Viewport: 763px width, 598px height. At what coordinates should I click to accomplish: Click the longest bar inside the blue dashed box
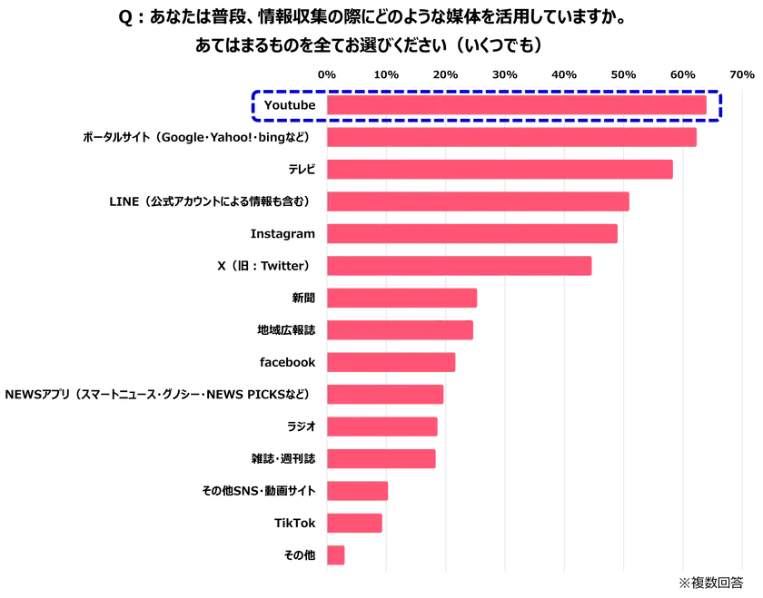[x=518, y=105]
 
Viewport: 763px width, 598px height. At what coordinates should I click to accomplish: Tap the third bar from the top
[x=500, y=169]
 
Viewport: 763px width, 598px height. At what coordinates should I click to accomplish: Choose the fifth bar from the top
[x=473, y=233]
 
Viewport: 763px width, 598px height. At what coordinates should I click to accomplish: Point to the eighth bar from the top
[x=401, y=330]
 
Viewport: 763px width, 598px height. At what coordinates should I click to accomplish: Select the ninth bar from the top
[x=391, y=362]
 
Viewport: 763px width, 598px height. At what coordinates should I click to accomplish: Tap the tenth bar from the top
[x=385, y=394]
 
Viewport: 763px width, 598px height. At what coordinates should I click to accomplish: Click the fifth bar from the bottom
[x=383, y=426]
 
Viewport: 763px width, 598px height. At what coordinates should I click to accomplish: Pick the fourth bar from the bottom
[x=382, y=458]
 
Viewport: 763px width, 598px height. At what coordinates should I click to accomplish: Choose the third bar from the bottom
[x=358, y=490]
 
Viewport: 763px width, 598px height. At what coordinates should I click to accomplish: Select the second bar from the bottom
[x=355, y=523]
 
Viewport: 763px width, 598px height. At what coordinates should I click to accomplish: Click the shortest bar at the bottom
[x=336, y=554]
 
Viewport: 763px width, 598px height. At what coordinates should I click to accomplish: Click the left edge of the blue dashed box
[x=252, y=106]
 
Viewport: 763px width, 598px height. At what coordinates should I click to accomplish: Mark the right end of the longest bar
[x=708, y=105]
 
